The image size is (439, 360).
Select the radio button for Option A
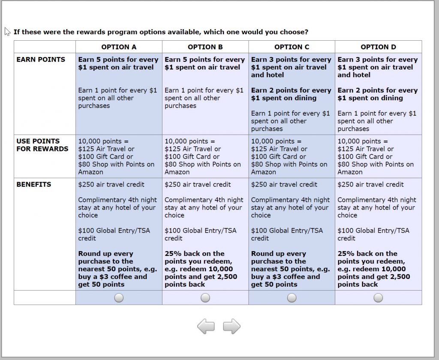[119, 297]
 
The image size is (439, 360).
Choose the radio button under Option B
[205, 297]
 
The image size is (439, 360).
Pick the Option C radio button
[292, 297]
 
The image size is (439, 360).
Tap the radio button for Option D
[378, 297]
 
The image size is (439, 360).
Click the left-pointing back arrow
[206, 327]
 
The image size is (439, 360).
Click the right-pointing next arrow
[232, 327]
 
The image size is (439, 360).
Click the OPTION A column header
[119, 47]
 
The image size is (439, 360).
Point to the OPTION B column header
[205, 47]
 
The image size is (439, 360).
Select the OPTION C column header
[292, 47]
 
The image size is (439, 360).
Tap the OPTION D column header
[378, 47]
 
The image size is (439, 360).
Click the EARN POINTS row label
[41, 60]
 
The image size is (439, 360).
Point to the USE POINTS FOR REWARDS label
[42, 145]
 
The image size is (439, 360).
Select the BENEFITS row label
[34, 185]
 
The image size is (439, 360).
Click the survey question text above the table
[161, 32]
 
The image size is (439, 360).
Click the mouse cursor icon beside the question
[7, 32]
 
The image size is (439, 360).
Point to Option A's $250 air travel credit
[111, 185]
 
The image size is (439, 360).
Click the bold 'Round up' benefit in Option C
[290, 269]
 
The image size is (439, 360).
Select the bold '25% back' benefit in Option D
[373, 269]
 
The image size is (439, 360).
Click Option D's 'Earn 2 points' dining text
[377, 94]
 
